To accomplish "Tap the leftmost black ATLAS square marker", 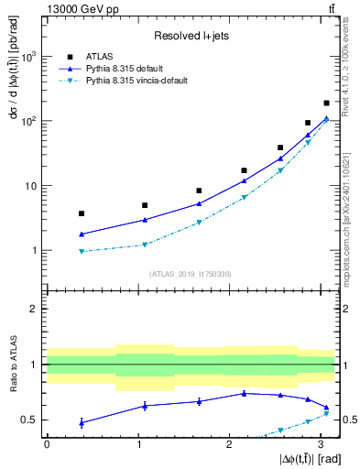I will coord(82,213).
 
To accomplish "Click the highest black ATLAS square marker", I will coord(326,103).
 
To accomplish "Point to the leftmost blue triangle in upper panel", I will coord(82,234).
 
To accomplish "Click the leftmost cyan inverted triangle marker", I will coord(82,251).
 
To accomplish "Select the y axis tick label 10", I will coord(32,186).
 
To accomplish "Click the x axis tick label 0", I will coord(47,443).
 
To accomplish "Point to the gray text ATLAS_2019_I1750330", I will coord(190,273).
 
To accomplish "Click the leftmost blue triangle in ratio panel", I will coord(82,422).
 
